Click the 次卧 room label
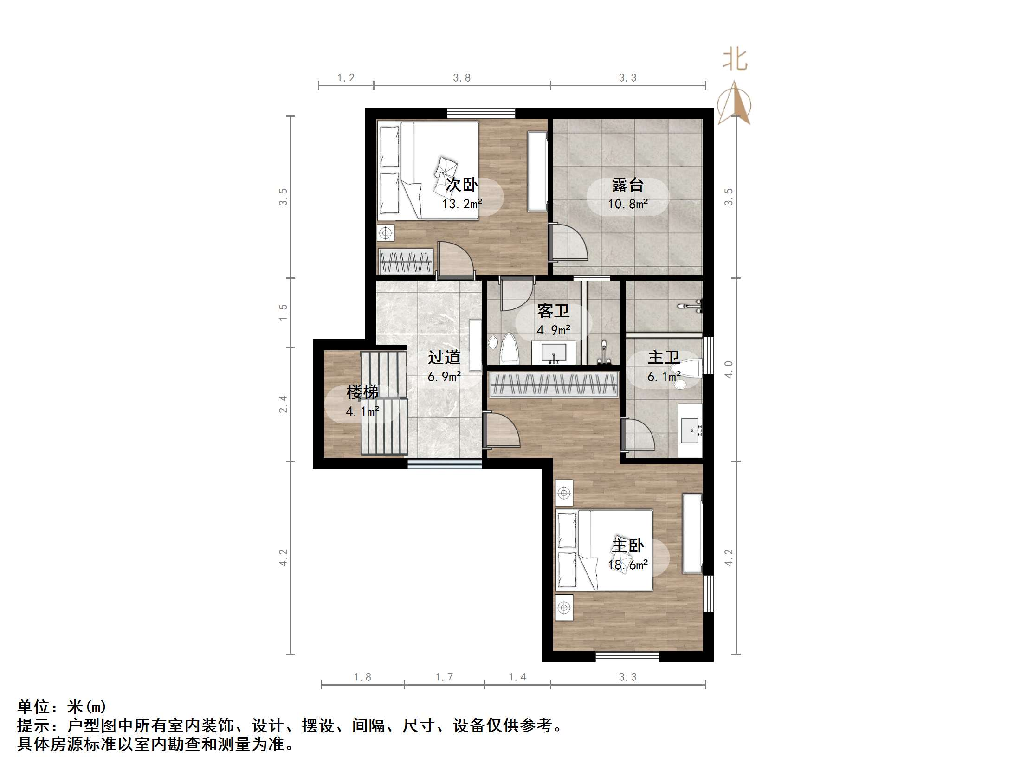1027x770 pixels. [461, 185]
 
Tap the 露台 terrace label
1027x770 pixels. [627, 185]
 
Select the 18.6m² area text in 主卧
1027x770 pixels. [628, 565]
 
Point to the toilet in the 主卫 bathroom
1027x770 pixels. [691, 369]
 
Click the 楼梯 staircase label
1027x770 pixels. [362, 392]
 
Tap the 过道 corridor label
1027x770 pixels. [444, 357]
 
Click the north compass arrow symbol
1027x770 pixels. [734, 103]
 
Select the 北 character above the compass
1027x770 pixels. [735, 59]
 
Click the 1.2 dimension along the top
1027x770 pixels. [345, 77]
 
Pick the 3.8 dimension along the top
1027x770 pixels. [461, 77]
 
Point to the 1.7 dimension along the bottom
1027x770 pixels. [444, 677]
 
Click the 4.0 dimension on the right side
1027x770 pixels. [729, 369]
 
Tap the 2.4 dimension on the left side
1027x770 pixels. [283, 404]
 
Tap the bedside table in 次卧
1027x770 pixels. [385, 233]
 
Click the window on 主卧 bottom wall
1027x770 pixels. [627, 657]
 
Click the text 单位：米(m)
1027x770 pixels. [62, 707]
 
